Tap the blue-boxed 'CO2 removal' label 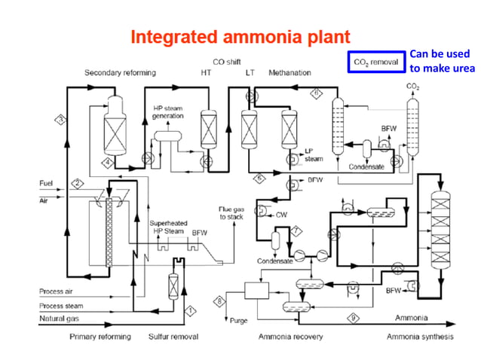coord(374,62)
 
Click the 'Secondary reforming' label coord(121,73)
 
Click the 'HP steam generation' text coord(168,112)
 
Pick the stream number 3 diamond coord(61,118)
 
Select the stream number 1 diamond coord(191,310)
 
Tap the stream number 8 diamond coord(220,301)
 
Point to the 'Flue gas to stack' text coord(231,212)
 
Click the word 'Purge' coord(238,321)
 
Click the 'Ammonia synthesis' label coord(420,337)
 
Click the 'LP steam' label coord(313,155)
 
